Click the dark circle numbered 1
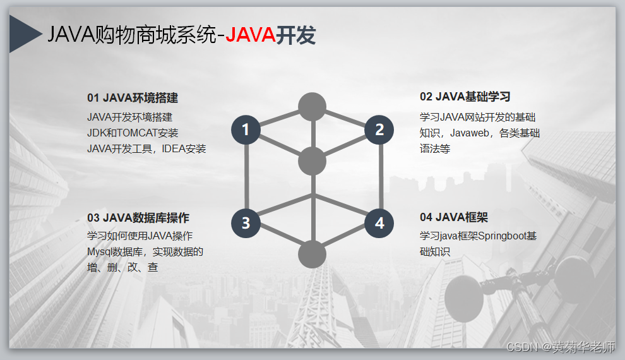[x=246, y=129]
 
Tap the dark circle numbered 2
[x=379, y=129]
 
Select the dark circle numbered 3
[x=246, y=222]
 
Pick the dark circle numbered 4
[x=379, y=222]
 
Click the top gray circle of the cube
[x=312, y=106]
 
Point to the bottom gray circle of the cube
[x=312, y=254]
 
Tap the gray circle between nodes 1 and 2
[x=312, y=160]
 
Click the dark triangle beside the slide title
[x=23, y=35]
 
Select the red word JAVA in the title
[x=250, y=35]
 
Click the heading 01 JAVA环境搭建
[x=133, y=98]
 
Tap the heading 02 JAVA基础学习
[x=465, y=97]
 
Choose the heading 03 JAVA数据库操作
[x=138, y=218]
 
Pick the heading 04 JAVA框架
[x=453, y=217]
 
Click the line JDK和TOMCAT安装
[x=133, y=133]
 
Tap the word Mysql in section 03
[x=99, y=252]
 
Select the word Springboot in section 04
[x=499, y=236]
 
